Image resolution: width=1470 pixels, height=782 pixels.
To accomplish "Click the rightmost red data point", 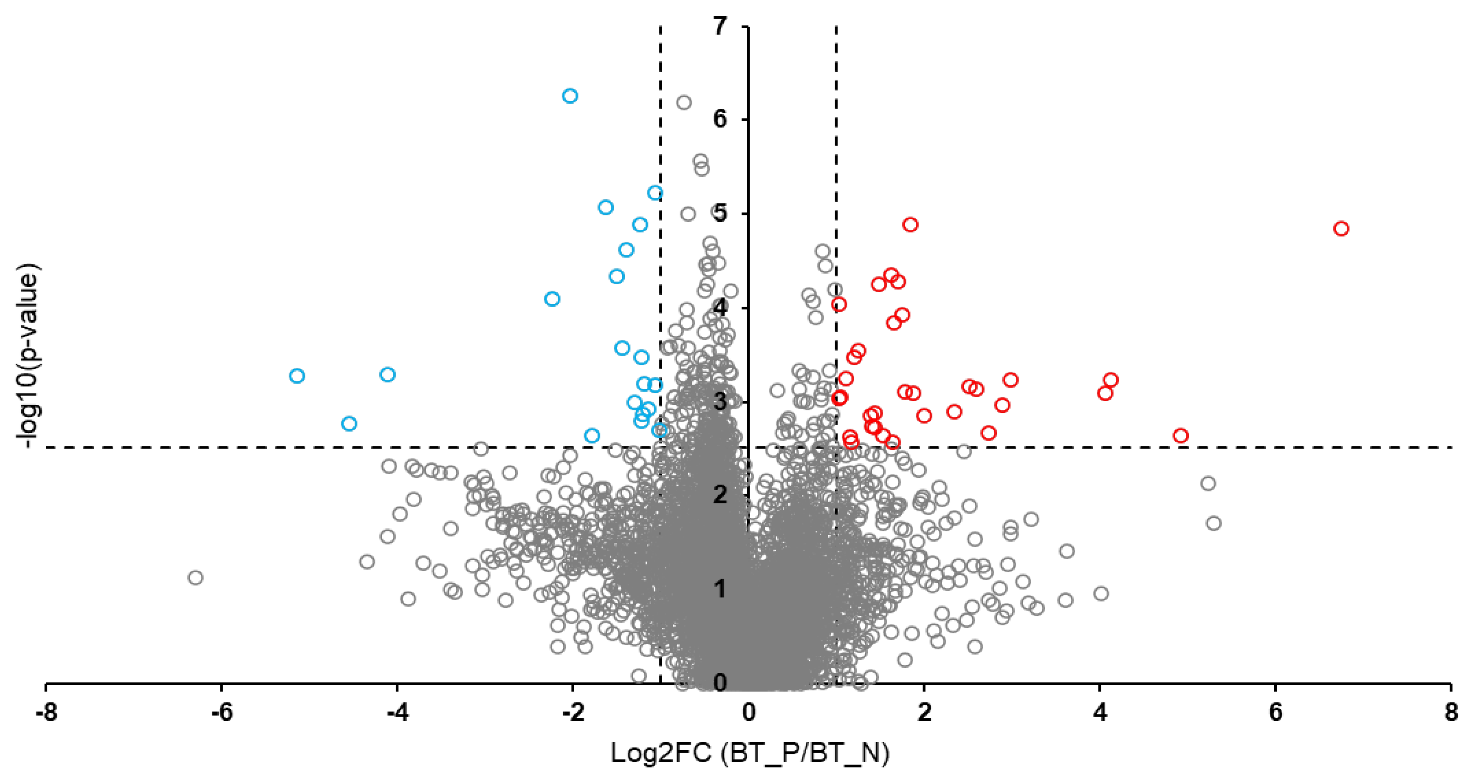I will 1341,229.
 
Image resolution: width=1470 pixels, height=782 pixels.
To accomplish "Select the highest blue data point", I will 570,96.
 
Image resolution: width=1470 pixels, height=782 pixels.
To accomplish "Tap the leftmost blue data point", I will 297,375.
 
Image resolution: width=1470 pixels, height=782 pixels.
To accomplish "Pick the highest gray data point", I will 684,103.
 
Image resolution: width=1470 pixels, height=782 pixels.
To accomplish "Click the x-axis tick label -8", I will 45,713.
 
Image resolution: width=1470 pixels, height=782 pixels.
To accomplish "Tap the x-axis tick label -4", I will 397,713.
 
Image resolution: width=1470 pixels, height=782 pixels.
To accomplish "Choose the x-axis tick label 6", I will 1275,713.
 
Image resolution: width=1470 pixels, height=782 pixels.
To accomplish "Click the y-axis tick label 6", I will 720,119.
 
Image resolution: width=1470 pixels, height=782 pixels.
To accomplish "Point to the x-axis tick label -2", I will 573,713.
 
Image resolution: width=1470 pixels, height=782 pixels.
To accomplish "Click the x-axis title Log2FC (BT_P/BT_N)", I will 750,754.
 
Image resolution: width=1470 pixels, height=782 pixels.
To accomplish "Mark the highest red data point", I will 910,224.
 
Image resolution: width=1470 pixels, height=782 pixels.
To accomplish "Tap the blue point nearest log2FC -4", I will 387,375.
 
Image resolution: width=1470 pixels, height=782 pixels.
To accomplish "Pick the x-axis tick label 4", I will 1100,713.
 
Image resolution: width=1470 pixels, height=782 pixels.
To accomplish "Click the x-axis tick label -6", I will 221,713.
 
